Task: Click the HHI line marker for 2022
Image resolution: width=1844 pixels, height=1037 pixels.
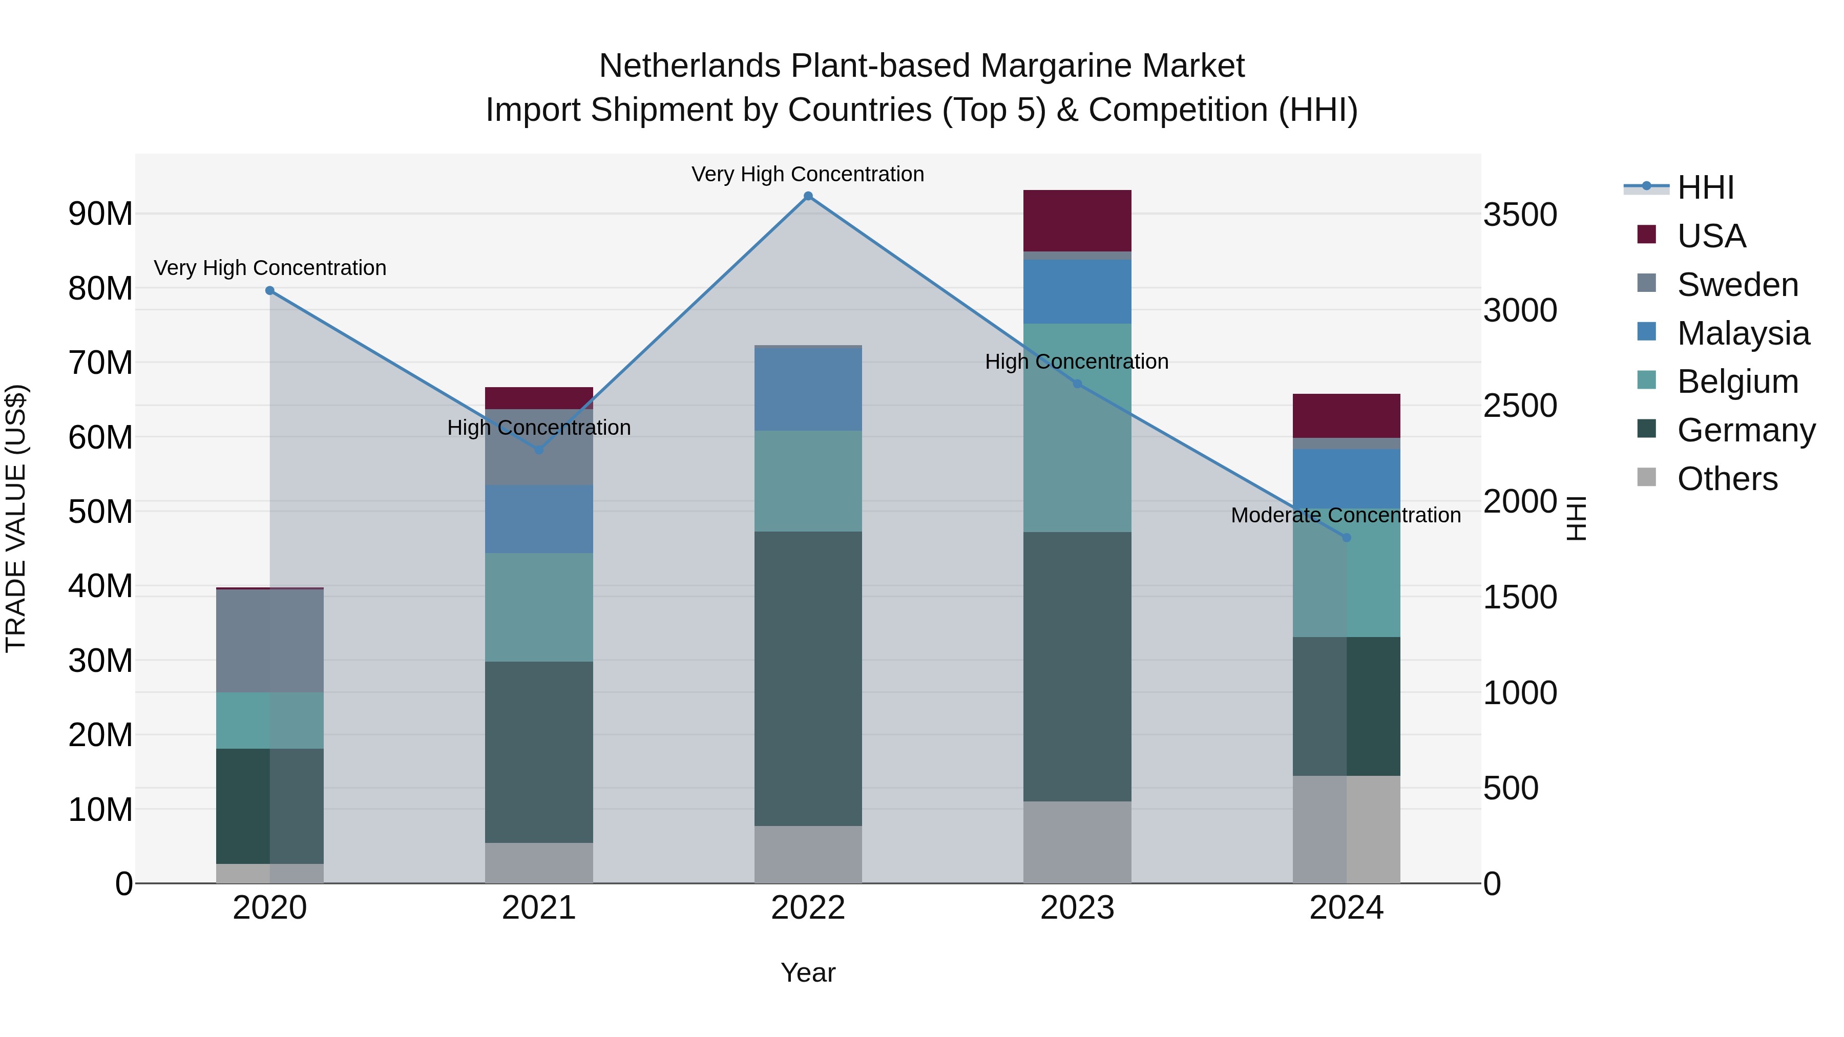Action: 808,196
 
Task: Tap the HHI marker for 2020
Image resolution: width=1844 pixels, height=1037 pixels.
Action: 270,290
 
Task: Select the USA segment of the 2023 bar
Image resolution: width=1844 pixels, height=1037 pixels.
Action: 1077,220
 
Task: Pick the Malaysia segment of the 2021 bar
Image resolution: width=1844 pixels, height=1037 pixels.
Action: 539,519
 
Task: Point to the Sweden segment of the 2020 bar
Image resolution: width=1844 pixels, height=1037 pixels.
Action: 270,641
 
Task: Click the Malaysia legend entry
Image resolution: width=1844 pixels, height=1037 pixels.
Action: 1743,333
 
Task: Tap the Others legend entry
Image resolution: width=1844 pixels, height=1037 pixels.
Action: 1727,479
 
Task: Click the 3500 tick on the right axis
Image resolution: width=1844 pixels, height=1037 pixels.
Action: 1520,215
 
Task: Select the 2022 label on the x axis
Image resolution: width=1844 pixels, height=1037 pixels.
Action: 808,908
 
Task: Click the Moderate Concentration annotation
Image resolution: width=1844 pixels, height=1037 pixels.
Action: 1345,515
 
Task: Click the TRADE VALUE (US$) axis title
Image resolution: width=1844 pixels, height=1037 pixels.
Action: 16,518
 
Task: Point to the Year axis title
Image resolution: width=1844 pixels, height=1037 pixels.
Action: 808,972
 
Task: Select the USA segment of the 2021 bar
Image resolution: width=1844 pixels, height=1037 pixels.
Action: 539,398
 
